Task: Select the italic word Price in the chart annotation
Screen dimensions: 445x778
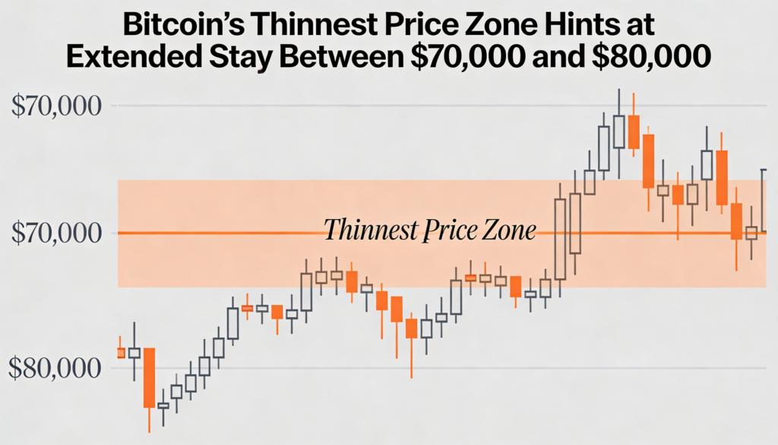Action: [x=450, y=229]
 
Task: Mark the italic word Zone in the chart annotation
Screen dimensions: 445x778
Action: [x=510, y=229]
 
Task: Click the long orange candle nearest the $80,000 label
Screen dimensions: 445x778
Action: [x=149, y=377]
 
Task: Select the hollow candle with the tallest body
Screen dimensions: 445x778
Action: [x=561, y=239]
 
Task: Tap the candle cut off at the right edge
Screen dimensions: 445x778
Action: [x=764, y=199]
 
